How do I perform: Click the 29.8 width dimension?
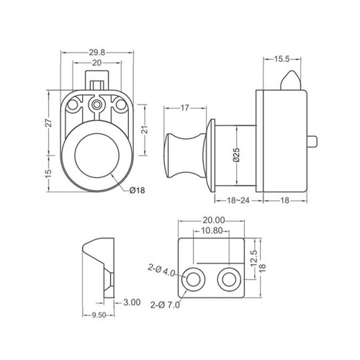tap(97, 53)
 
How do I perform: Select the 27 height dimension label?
tap(49, 123)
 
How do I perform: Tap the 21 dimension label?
tap(145, 130)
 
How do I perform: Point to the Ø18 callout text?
tap(137, 190)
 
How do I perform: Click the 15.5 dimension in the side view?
tap(282, 59)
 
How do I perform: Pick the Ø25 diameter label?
tap(236, 155)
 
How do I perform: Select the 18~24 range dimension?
tap(238, 200)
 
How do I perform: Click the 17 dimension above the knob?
tap(184, 108)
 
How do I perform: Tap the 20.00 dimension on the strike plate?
tap(214, 220)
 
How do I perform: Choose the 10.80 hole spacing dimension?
tap(212, 230)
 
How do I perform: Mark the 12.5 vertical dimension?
tap(254, 259)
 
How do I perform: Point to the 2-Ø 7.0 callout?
tap(165, 305)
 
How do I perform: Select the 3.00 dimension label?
tap(132, 302)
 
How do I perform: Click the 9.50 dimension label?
tap(99, 315)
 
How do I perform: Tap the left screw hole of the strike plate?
tap(193, 279)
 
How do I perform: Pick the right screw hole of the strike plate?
tap(229, 279)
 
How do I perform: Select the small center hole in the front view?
tap(96, 104)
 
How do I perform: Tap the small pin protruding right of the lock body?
tap(312, 141)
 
